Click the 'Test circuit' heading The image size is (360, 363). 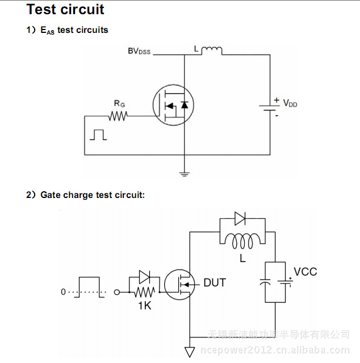65,10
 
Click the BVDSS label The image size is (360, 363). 139,51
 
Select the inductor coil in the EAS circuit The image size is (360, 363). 211,52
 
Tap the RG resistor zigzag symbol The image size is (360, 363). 119,116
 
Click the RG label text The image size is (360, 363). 119,104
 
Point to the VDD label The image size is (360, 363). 290,103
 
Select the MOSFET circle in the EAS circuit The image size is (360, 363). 173,105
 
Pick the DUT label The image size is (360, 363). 215,282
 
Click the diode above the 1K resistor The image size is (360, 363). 144,277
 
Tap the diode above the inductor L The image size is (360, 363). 240,217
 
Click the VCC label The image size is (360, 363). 305,271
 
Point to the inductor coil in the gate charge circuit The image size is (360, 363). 245,240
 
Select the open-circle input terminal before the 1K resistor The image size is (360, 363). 118,292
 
